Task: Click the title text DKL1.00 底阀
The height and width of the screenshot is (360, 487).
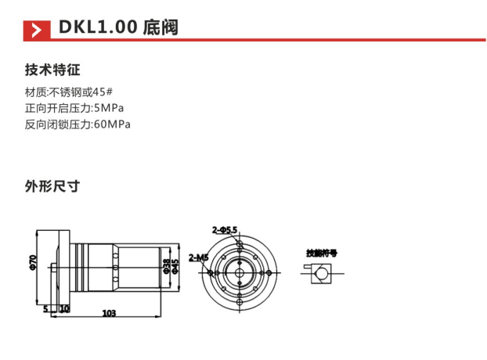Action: click(x=117, y=28)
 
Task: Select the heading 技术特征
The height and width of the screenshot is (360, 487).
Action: click(x=52, y=70)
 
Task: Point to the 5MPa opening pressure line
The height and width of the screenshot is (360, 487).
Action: click(x=74, y=108)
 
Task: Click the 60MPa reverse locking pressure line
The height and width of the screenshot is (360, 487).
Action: click(x=78, y=124)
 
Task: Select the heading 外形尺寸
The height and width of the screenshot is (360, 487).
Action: click(x=52, y=186)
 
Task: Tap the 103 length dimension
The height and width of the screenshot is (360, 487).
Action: click(x=109, y=313)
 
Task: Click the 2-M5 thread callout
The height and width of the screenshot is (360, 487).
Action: click(x=198, y=257)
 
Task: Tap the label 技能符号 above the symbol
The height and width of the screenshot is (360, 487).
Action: click(x=321, y=252)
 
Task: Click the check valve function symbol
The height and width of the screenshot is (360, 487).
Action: click(x=317, y=273)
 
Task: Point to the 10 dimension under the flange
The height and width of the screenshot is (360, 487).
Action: click(x=63, y=308)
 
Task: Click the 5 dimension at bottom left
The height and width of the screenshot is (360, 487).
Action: click(x=46, y=308)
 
